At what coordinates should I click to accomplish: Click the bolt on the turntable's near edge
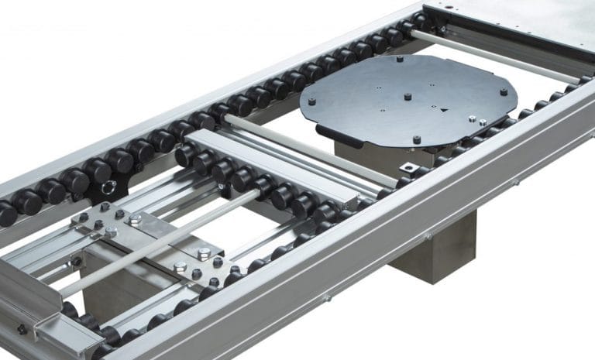[x=418, y=140]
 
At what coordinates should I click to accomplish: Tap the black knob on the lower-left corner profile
[x=22, y=330]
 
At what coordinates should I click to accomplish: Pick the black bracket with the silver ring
[x=108, y=186]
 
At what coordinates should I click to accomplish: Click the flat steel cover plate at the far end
[x=527, y=27]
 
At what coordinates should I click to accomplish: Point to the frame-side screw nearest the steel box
[x=516, y=183]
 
